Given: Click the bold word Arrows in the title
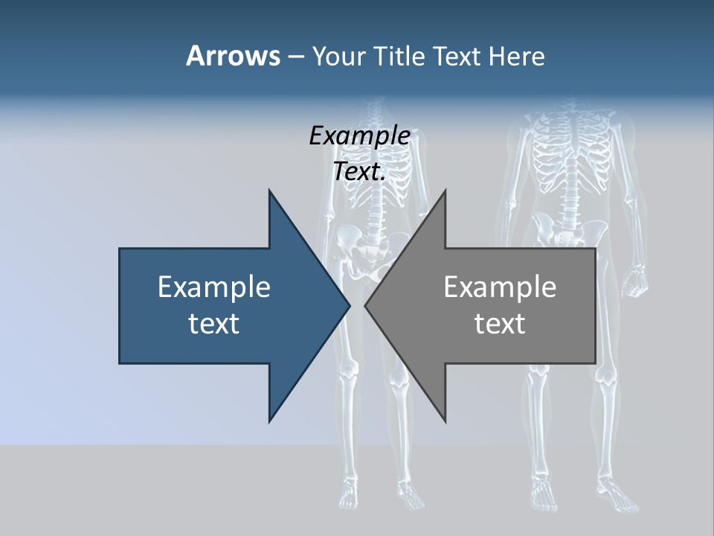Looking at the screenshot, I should pyautogui.click(x=232, y=57).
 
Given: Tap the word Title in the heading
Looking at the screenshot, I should pyautogui.click(x=399, y=57).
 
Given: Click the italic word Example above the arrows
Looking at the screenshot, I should pyautogui.click(x=359, y=135).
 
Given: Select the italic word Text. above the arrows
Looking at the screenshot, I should pyautogui.click(x=359, y=172).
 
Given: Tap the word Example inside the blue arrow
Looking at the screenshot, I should pyautogui.click(x=214, y=287).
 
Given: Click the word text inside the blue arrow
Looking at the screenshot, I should pyautogui.click(x=214, y=324).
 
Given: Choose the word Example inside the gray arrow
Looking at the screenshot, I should pyautogui.click(x=500, y=287).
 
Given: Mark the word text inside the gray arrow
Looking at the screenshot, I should pyautogui.click(x=500, y=324).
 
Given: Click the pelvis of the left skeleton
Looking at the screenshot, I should pyautogui.click(x=361, y=253).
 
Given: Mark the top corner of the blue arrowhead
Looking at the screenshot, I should pyautogui.click(x=269, y=191).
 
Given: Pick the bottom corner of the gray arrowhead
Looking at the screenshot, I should pyautogui.click(x=446, y=421).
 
